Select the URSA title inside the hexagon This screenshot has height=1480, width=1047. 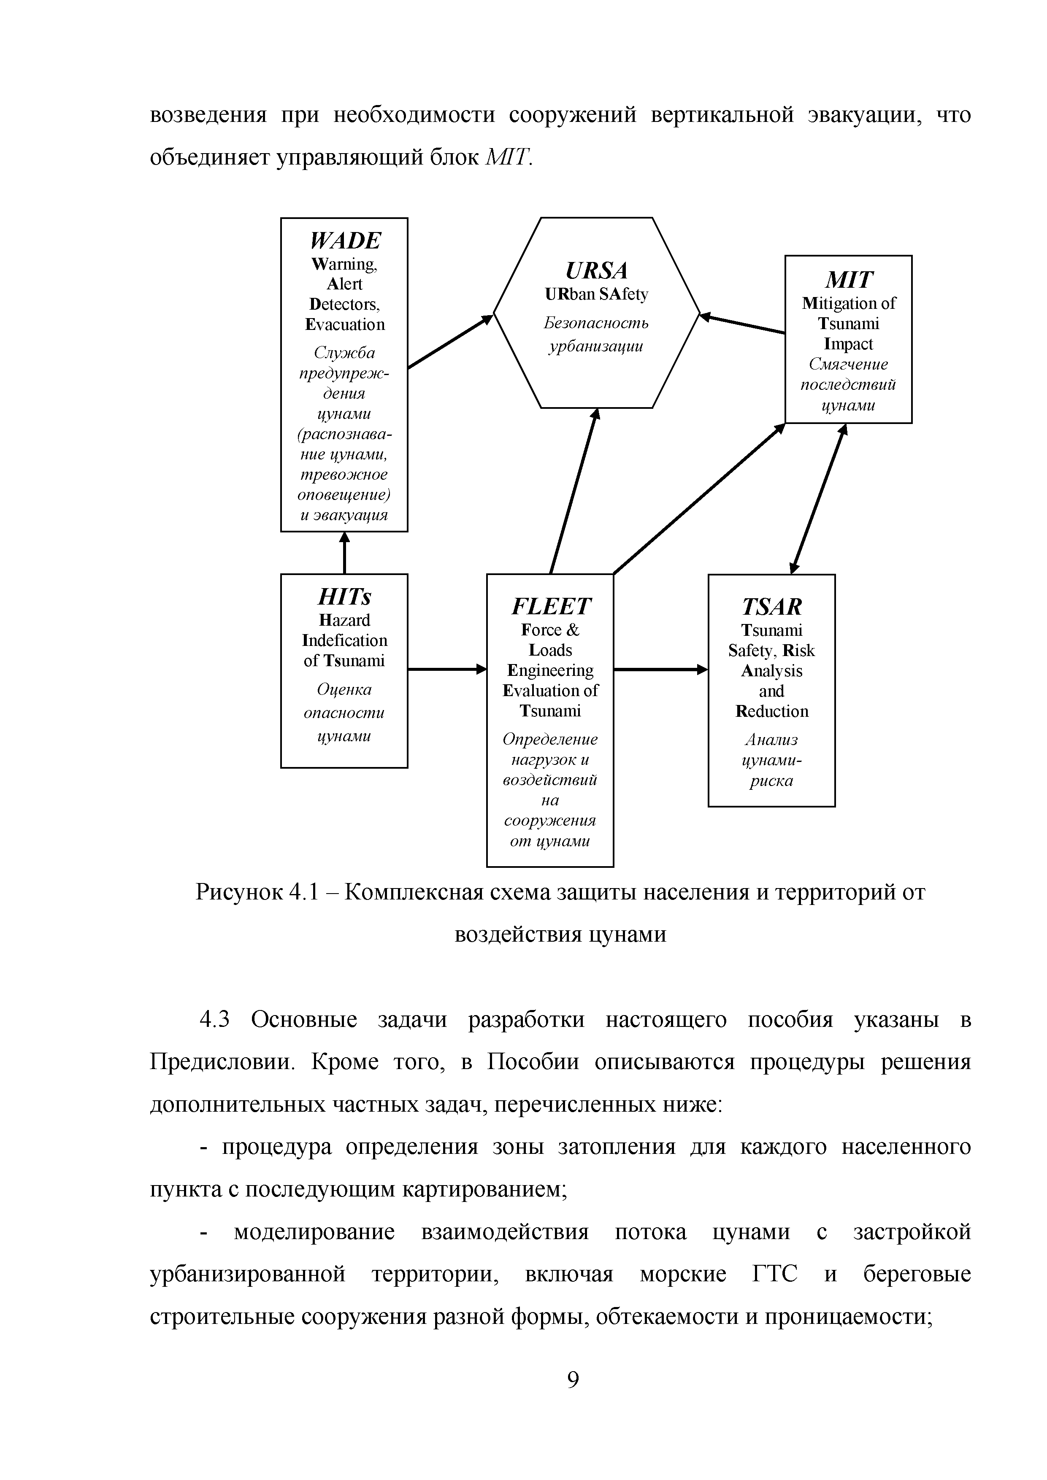596,270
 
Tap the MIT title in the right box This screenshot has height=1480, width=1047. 848,280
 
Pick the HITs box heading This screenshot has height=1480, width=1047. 344,597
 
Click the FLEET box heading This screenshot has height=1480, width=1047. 550,607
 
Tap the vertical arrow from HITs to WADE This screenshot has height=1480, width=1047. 344,553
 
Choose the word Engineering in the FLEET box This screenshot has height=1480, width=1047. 550,670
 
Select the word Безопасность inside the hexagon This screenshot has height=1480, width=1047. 596,322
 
